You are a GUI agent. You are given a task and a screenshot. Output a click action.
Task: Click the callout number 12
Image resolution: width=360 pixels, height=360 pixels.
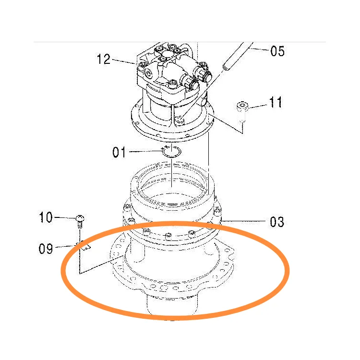coord(104,59)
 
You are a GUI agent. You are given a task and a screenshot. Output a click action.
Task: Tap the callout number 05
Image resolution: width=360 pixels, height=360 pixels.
coord(277,51)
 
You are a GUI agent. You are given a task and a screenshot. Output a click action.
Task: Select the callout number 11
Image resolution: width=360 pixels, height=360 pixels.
coord(276,102)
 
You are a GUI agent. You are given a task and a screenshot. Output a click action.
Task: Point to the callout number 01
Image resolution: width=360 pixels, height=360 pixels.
coord(119,152)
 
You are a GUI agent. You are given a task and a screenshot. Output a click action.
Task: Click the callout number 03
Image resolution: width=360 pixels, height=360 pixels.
coord(277,222)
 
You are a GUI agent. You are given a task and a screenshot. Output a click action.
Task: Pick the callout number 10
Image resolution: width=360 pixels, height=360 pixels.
coord(46,217)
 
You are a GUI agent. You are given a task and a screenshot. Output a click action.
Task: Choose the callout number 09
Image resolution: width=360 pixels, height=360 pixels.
coord(46,249)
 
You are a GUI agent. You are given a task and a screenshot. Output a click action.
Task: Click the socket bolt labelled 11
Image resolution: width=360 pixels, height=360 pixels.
coord(242,111)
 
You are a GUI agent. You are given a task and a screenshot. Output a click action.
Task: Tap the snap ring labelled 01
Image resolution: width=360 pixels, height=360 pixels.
coord(172,152)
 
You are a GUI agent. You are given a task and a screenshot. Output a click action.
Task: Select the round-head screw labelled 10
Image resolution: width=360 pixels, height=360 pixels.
coord(80,221)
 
